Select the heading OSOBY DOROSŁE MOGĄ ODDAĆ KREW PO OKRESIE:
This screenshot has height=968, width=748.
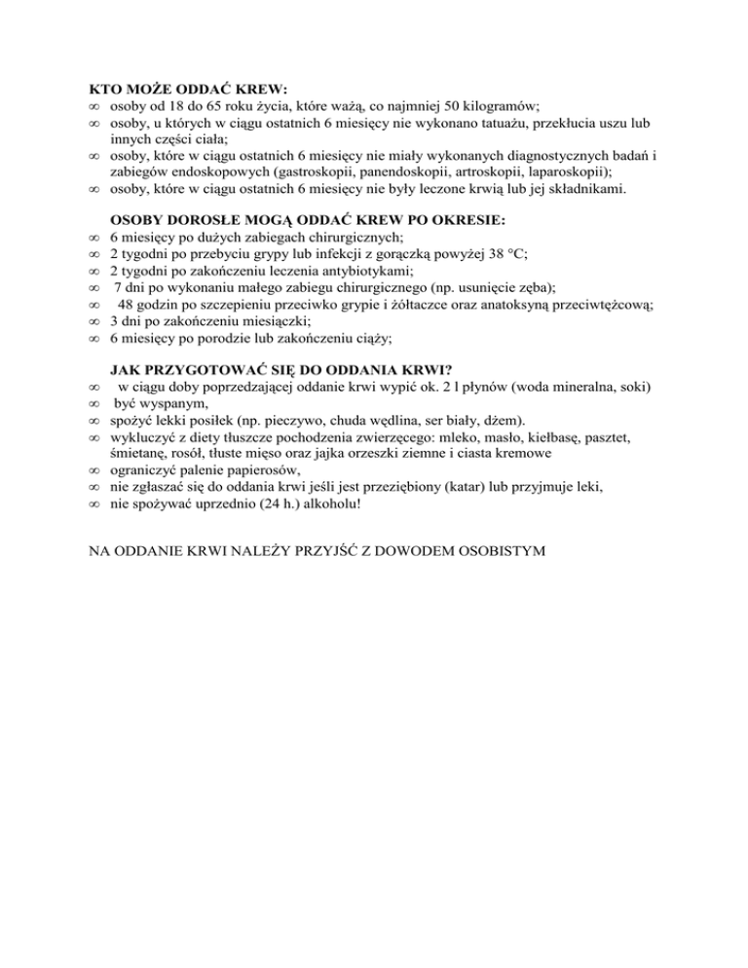pos(308,219)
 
